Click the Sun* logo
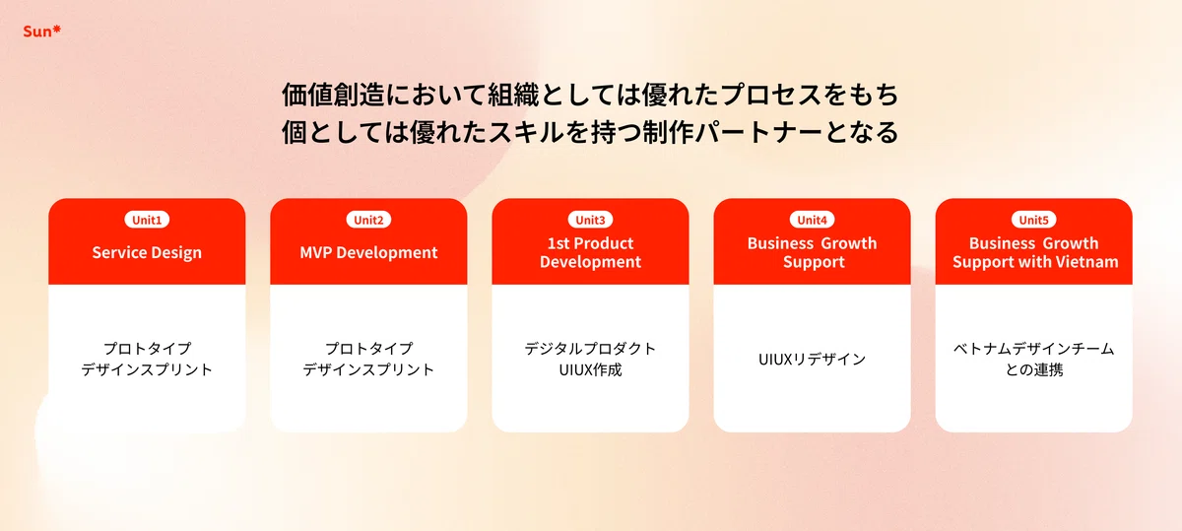41,32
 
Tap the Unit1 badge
147,220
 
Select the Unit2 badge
368,220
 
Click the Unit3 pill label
590,220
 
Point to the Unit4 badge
812,220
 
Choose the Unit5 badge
1033,220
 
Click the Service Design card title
147,253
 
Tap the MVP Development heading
368,253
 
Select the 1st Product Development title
590,253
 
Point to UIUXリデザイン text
812,360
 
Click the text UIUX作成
590,370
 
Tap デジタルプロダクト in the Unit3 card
590,349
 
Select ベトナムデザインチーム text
1033,349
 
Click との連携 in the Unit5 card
1033,370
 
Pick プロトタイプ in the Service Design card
147,349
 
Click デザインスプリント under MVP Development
368,369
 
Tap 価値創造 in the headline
333,95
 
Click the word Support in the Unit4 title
814,262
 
